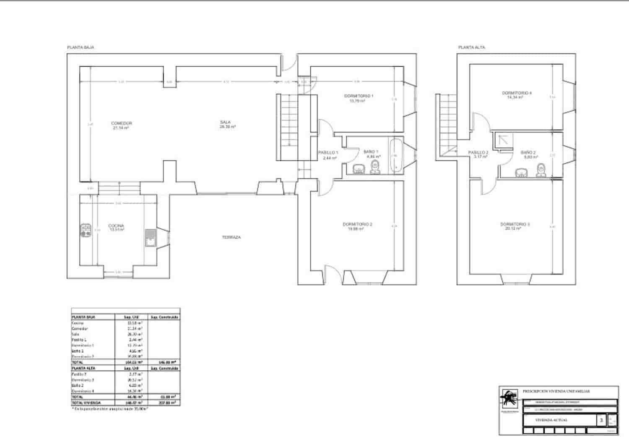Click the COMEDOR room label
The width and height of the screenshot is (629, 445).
[122, 123]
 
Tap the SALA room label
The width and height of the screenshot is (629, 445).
[226, 123]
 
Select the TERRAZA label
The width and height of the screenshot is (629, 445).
[231, 237]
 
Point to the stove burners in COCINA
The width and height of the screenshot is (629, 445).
[86, 230]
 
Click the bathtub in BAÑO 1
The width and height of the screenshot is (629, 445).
[396, 156]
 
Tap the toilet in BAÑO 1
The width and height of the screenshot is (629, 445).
[375, 168]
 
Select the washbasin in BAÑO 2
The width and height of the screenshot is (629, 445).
[521, 173]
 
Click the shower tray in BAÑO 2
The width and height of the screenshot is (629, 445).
[503, 140]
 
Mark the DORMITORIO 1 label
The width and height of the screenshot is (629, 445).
[359, 96]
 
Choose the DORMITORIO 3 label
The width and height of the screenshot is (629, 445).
[515, 225]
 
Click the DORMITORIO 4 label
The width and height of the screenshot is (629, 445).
[517, 93]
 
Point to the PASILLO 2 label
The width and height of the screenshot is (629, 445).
[478, 153]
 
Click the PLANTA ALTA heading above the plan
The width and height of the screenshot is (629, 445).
[471, 47]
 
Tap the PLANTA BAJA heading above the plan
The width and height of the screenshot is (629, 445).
[81, 47]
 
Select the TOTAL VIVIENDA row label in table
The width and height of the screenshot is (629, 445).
[86, 403]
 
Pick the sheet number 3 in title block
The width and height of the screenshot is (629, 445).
[601, 420]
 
